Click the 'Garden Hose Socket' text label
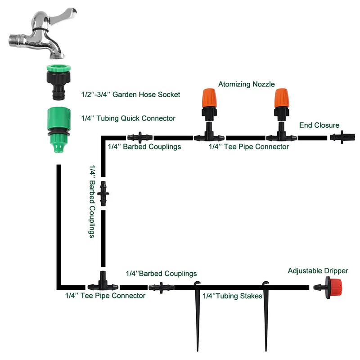coord(130,94)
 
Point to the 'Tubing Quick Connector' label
coord(128,118)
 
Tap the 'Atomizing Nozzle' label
coord(246,84)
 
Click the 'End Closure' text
coord(319,125)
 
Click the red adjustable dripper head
coord(333,287)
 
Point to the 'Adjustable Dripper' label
coord(318,271)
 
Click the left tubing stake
coord(197,315)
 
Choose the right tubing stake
coord(265,315)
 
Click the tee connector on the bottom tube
coord(102,283)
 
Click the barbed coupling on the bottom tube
coord(161,286)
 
